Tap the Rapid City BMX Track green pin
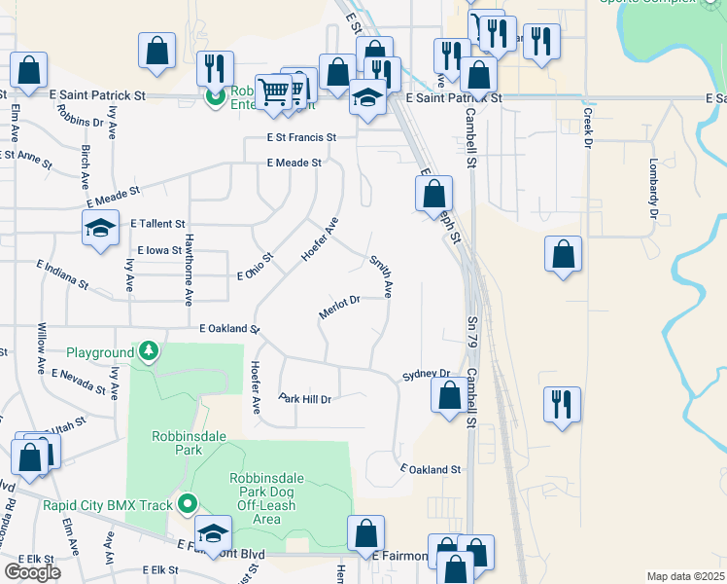pyautogui.click(x=188, y=503)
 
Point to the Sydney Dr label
pyautogui.click(x=427, y=374)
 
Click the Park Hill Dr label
pyautogui.click(x=305, y=399)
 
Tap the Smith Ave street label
pyautogui.click(x=380, y=275)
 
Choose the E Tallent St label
pyautogui.click(x=156, y=223)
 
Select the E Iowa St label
pyautogui.click(x=159, y=250)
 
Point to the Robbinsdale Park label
pyautogui.click(x=176, y=443)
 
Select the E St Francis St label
pyautogui.click(x=301, y=138)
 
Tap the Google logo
pyautogui.click(x=32, y=571)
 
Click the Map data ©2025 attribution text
pyautogui.click(x=685, y=576)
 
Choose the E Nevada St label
pyautogui.click(x=79, y=382)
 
